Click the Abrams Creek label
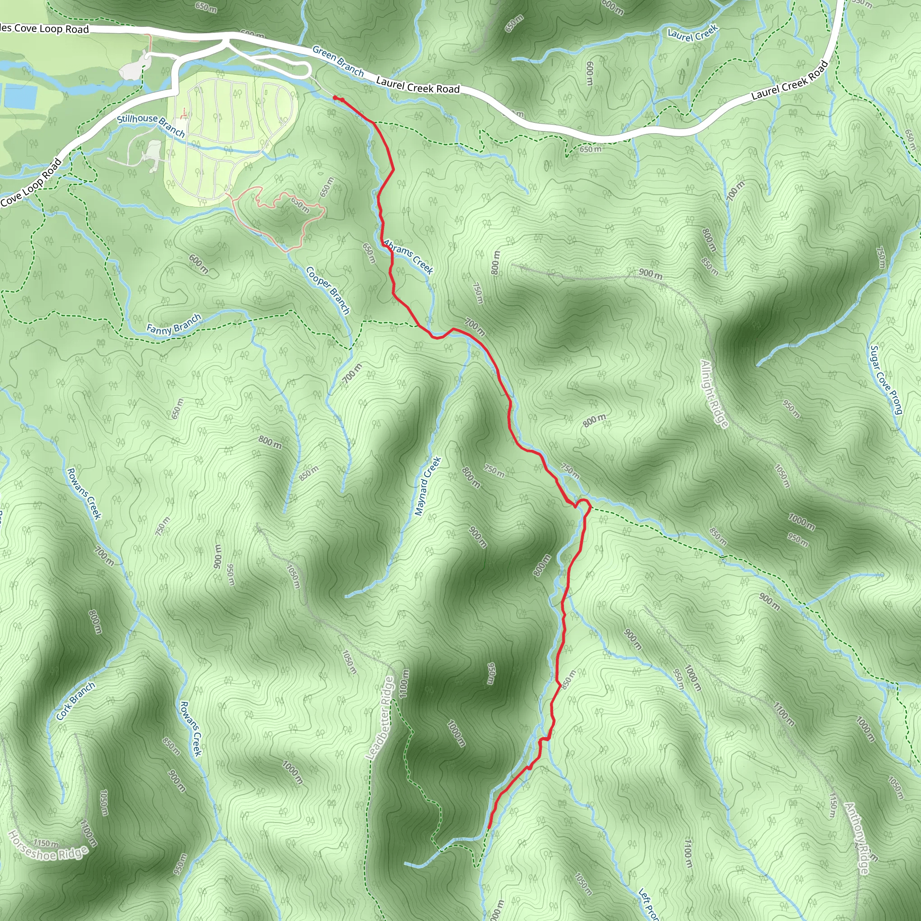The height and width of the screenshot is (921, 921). click(408, 257)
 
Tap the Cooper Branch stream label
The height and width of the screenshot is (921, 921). click(328, 291)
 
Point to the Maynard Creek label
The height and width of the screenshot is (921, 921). click(428, 486)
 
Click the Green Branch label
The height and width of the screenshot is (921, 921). click(338, 62)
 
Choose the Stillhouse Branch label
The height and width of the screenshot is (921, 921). click(151, 125)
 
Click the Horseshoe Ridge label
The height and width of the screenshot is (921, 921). click(48, 846)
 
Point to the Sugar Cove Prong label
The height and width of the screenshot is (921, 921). click(886, 380)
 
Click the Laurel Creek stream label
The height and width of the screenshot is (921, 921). click(692, 33)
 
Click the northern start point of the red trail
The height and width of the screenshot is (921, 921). click(335, 98)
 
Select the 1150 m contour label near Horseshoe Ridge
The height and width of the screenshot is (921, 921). click(46, 843)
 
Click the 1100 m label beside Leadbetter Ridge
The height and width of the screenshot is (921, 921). click(404, 684)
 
